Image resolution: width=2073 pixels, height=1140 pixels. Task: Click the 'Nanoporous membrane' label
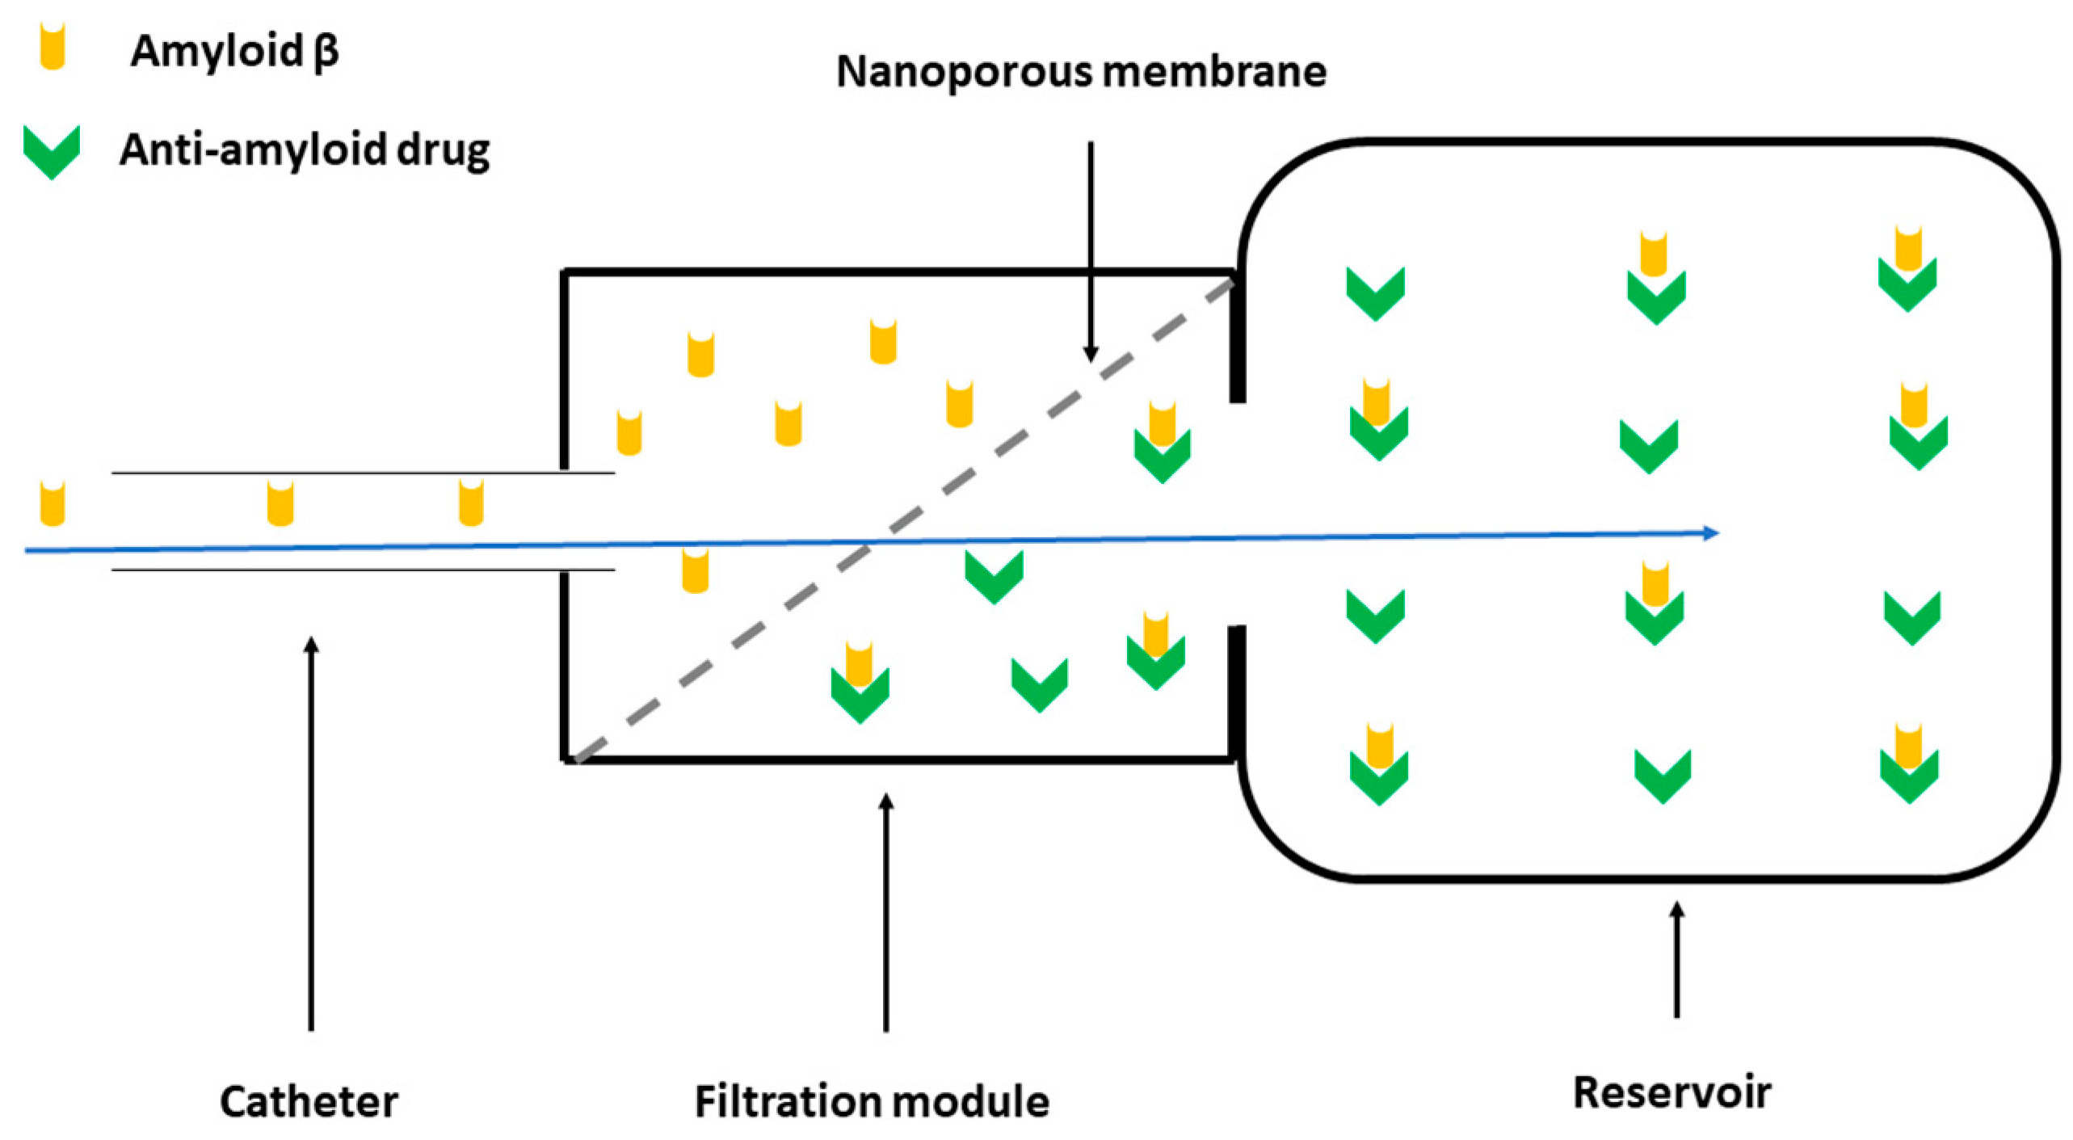[x=1080, y=71]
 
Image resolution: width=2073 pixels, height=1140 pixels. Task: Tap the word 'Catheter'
[x=309, y=1101]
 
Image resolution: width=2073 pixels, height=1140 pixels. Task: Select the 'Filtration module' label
[x=872, y=1101]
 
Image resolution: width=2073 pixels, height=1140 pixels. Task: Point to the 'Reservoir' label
[x=1671, y=1092]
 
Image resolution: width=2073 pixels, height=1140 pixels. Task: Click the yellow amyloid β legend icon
[x=53, y=46]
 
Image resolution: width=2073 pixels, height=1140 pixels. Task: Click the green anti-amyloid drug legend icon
[x=52, y=151]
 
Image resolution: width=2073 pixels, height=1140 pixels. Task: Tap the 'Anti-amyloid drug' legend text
[x=305, y=150]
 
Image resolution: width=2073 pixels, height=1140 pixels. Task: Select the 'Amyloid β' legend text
[x=234, y=51]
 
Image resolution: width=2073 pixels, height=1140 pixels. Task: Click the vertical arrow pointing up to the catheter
[x=311, y=832]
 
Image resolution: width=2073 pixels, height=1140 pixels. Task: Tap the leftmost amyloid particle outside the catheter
[x=53, y=503]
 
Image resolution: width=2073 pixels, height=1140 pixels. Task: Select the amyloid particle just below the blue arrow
[x=696, y=570]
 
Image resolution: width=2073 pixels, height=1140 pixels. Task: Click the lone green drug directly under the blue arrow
[x=994, y=576]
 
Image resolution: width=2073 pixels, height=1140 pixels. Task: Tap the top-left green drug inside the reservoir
[x=1375, y=292]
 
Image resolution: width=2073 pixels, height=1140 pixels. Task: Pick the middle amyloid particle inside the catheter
[x=280, y=503]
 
